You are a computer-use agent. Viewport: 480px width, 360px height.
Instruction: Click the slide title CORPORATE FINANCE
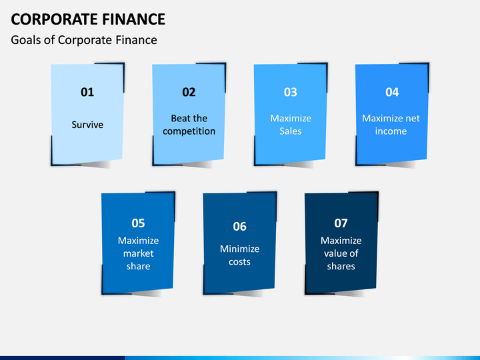tap(88, 19)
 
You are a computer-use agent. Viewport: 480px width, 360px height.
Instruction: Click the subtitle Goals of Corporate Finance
tap(84, 40)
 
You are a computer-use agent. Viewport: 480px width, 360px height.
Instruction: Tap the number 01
tap(87, 93)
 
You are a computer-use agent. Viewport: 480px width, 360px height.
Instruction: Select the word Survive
tap(87, 125)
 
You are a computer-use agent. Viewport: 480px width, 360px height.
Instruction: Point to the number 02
tap(189, 93)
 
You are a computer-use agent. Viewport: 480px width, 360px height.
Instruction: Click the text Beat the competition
tap(189, 125)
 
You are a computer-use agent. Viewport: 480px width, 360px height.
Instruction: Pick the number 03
tap(290, 93)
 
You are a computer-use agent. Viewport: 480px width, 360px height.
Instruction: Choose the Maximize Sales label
tap(290, 125)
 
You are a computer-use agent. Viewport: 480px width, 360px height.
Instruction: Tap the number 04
tap(392, 93)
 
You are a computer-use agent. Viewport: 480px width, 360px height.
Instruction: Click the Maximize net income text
tap(391, 125)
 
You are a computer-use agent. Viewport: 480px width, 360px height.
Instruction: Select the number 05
tap(138, 223)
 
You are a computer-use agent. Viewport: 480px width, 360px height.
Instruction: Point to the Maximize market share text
tap(138, 253)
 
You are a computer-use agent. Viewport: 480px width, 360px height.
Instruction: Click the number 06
tap(239, 227)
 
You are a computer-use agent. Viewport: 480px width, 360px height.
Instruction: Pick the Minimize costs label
tap(239, 255)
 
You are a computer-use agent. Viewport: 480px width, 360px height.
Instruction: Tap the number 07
tap(341, 223)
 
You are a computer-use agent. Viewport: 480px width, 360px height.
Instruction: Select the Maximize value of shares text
tap(341, 253)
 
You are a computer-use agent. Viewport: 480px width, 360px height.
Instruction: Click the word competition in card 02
tap(189, 131)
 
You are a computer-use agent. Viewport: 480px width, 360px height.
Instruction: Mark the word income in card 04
tap(391, 131)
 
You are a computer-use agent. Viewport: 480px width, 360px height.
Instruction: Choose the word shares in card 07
tap(341, 266)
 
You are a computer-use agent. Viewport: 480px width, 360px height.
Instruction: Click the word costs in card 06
tap(239, 262)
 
